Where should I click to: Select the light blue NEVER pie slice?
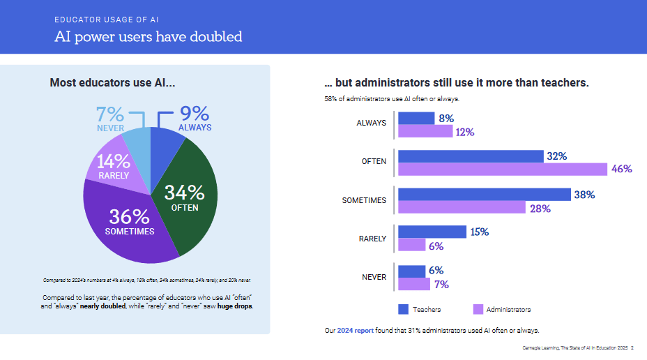137,150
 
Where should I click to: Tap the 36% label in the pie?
130,217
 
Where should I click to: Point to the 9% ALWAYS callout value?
195,113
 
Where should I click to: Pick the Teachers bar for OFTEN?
471,156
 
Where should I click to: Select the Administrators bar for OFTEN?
503,169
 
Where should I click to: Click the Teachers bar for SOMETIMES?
484,195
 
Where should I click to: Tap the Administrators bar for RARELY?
411,245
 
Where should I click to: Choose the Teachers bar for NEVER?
411,271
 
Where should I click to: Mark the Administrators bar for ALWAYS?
425,131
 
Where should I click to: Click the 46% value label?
621,169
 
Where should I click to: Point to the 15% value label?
479,232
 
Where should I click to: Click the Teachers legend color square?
403,309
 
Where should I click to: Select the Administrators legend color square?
478,309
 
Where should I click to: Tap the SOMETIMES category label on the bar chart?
364,201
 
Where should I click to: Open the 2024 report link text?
355,330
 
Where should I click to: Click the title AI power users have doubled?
149,36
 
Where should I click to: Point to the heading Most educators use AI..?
112,83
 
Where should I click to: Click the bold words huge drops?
235,306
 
